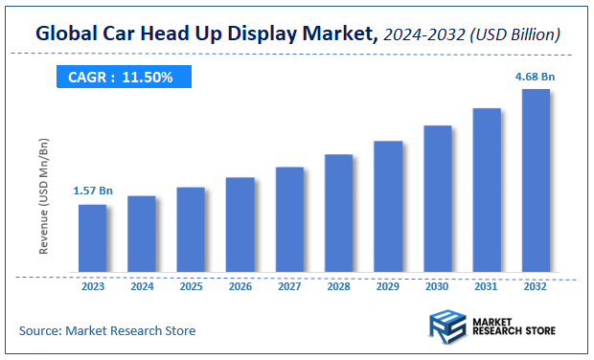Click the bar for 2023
tap(92, 236)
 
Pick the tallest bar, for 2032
tap(536, 179)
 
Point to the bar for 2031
tap(487, 189)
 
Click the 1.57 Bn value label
tap(92, 191)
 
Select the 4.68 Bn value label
tap(536, 76)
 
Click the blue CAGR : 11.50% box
tap(120, 77)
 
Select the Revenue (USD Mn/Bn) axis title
tap(44, 195)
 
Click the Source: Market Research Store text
tap(107, 330)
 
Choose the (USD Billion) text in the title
tap(517, 34)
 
